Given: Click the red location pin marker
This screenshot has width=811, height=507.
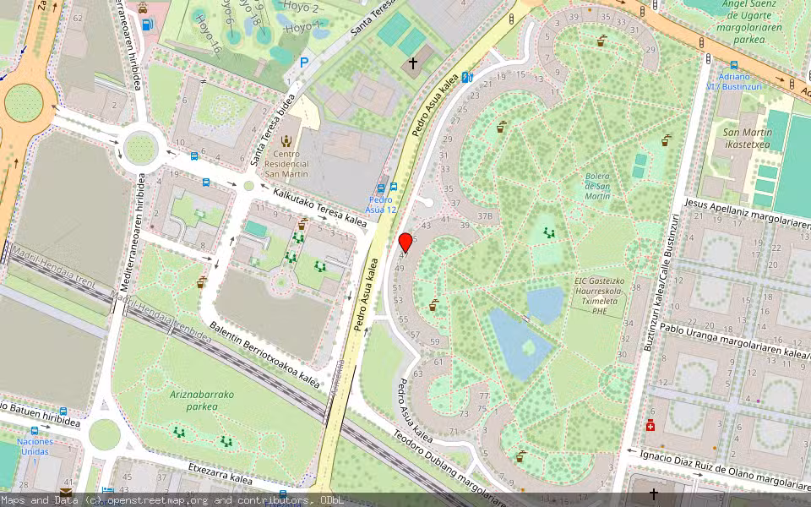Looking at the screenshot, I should click(405, 243).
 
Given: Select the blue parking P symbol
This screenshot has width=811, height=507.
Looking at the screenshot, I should click(304, 62).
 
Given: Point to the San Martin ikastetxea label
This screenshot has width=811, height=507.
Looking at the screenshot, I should click(748, 138).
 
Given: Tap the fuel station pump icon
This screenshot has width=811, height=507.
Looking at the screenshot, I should click(148, 24).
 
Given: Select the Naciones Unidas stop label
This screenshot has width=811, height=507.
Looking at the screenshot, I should click(35, 446).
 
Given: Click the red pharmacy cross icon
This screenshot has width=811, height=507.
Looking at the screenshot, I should click(650, 425).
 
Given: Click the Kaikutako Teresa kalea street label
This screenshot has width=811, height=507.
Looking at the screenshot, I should click(320, 208).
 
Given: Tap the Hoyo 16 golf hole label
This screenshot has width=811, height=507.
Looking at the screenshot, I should click(208, 30).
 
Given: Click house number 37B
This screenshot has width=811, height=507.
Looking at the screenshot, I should click(484, 215).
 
